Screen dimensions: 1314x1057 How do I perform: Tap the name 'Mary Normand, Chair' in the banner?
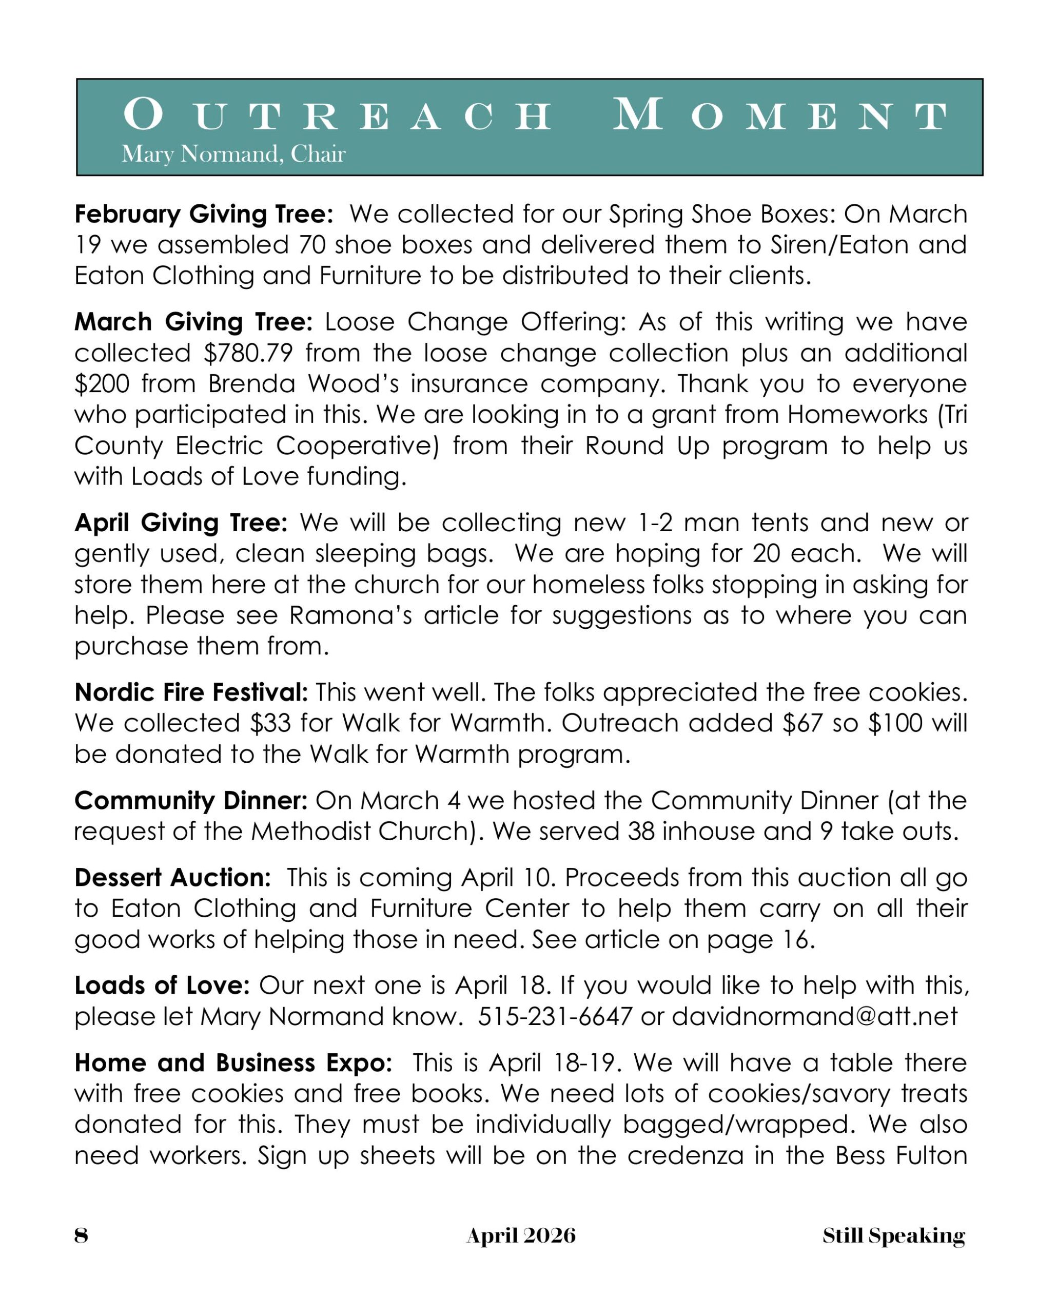[x=233, y=154]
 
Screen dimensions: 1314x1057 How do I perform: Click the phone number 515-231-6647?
[x=555, y=1016]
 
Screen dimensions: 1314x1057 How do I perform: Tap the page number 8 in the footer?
[x=81, y=1235]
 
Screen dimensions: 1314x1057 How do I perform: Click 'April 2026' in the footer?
[x=521, y=1235]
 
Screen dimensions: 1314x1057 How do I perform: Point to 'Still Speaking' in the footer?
[x=894, y=1235]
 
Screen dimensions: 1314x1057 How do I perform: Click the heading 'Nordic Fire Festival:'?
[x=191, y=692]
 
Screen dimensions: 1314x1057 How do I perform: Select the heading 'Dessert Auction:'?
[x=172, y=878]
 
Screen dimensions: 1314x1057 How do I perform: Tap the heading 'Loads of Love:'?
[x=162, y=985]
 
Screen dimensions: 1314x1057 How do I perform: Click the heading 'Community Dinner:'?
[x=191, y=800]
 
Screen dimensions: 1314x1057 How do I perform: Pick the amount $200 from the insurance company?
[x=101, y=384]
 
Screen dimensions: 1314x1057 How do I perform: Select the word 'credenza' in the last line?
[x=686, y=1155]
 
